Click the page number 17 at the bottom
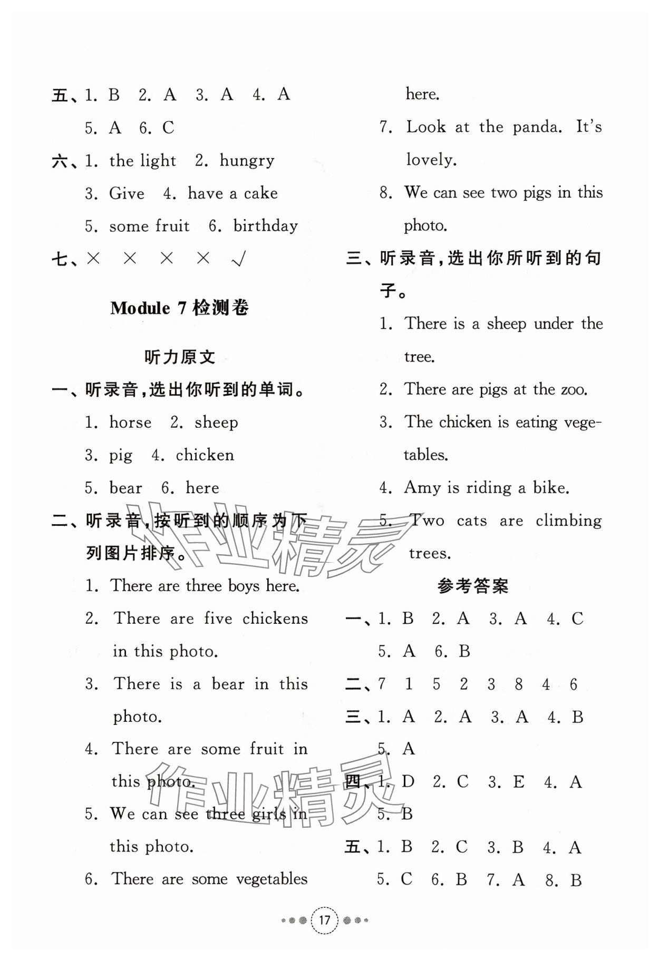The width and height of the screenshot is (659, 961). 324,920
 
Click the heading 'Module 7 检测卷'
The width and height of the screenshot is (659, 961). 179,308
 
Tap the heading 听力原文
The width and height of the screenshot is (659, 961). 180,357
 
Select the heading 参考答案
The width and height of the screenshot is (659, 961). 473,586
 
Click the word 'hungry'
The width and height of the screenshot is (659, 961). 247,161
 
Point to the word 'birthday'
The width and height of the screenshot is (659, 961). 266,226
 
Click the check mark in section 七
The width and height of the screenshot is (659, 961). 239,259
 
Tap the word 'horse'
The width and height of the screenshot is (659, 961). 130,423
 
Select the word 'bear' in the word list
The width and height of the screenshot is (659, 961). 125,488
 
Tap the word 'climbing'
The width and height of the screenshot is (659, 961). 568,521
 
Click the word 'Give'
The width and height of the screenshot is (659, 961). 127,193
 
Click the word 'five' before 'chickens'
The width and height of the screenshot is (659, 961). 218,619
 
